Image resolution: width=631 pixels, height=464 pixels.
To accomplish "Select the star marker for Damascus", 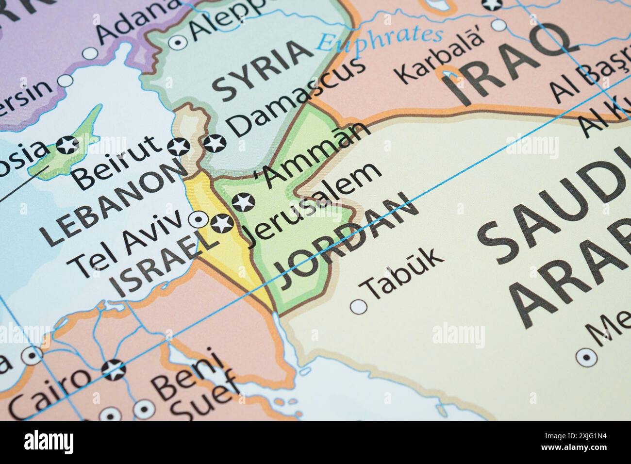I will point(214,143).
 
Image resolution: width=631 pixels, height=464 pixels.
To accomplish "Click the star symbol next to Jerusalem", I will point(222,223).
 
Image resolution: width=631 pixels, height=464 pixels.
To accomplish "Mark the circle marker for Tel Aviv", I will point(198,220).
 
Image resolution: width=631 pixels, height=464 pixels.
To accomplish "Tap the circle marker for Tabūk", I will point(359,307).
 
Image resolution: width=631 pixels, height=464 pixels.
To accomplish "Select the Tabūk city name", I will point(404,273).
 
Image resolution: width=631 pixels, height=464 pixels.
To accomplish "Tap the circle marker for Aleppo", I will point(178,42).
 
